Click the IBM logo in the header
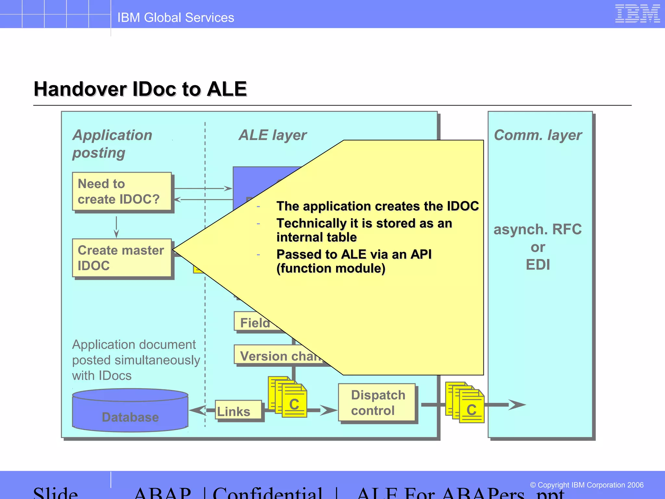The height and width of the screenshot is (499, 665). click(x=637, y=14)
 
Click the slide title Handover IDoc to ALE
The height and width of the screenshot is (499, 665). click(x=140, y=89)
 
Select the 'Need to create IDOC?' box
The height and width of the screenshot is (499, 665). click(x=122, y=192)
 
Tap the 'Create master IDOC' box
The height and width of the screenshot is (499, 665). click(x=122, y=258)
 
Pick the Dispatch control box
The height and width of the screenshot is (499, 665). click(x=377, y=403)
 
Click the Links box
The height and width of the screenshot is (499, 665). click(x=238, y=411)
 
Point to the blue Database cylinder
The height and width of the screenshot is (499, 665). click(x=130, y=411)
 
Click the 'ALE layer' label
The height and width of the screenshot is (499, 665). click(x=272, y=135)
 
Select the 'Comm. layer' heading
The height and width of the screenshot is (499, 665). click(x=538, y=135)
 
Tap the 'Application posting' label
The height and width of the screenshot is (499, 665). click(x=112, y=144)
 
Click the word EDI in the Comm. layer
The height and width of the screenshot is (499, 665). click(x=538, y=264)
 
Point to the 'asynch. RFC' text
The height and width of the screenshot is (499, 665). click(x=538, y=229)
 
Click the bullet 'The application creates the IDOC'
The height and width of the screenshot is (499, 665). click(x=377, y=206)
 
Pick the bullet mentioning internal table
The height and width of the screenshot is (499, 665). click(x=364, y=230)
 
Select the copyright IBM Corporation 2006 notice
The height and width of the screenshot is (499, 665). click(x=586, y=485)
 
